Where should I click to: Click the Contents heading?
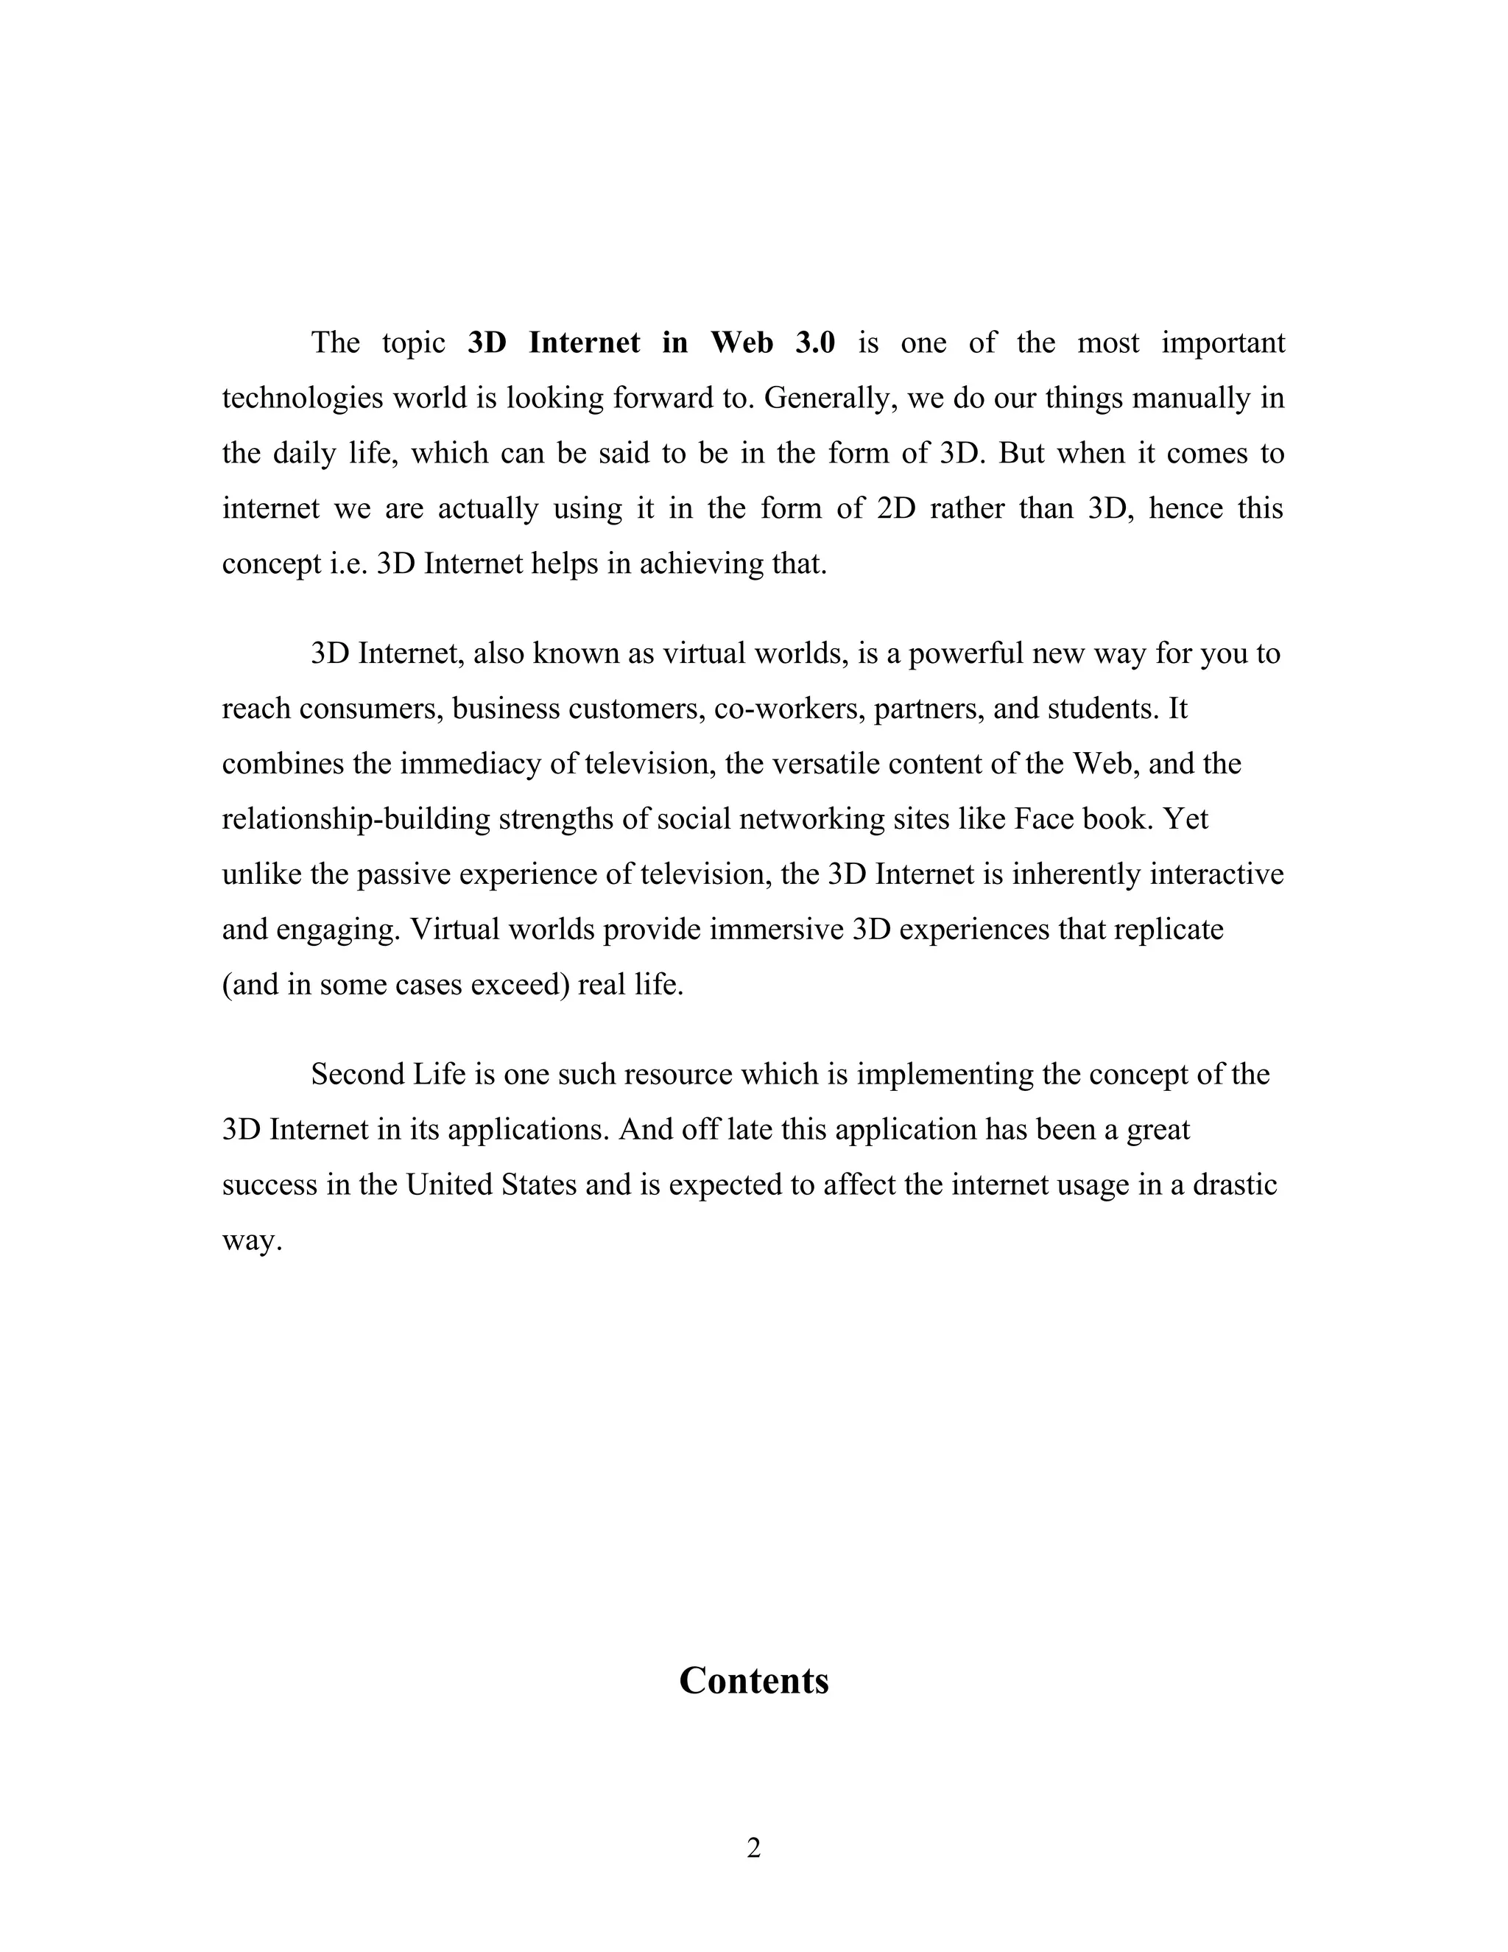click(x=753, y=1681)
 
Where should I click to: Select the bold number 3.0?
click(x=814, y=343)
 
